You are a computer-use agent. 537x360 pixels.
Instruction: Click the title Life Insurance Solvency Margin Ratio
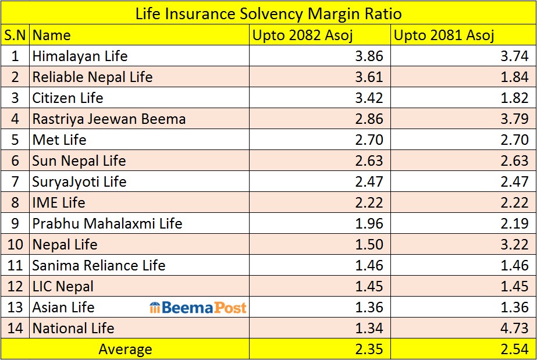coord(268,13)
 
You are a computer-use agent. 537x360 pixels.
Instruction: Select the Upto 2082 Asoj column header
coord(298,35)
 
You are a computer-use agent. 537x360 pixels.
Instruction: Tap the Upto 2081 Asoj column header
coord(444,35)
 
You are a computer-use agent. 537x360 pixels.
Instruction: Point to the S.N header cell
coord(15,35)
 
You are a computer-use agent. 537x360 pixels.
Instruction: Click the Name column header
coord(51,35)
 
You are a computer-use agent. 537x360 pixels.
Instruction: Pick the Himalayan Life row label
coord(80,56)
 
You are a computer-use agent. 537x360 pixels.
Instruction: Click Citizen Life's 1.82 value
coord(514,98)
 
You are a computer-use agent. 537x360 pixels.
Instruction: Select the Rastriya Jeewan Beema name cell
coord(109,119)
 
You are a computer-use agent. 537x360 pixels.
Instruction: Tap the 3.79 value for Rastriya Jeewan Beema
coord(514,119)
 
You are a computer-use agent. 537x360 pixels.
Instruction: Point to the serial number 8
coord(15,202)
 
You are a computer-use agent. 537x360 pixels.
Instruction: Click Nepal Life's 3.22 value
coord(514,244)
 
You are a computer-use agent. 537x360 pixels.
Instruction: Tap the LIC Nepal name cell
coord(63,286)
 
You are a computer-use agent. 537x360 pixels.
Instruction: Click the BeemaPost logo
coord(198,307)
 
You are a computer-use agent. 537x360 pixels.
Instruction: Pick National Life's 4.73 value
coord(514,328)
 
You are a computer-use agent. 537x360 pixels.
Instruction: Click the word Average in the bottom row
coord(125,349)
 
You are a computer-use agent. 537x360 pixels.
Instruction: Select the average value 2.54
coord(514,349)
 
